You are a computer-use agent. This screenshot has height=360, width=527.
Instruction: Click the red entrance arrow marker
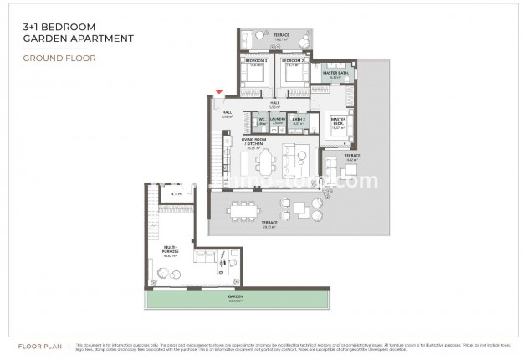(219, 91)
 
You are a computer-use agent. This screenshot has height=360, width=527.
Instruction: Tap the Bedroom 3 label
(256, 62)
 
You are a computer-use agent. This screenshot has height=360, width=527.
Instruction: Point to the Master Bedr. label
(339, 121)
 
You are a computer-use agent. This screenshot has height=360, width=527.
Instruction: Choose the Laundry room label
(278, 120)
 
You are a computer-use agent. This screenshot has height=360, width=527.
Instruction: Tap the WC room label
(261, 120)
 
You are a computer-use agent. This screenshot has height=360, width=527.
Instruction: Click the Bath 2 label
(298, 120)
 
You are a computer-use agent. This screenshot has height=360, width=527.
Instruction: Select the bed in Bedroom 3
(255, 75)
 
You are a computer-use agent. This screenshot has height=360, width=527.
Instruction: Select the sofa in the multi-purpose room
(205, 258)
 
